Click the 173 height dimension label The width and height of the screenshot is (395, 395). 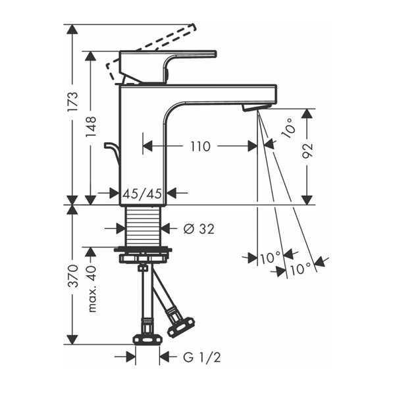click(73, 102)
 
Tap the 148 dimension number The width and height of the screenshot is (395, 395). click(91, 126)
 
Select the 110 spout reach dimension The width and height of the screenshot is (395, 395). click(200, 146)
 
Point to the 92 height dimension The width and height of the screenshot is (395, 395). click(307, 151)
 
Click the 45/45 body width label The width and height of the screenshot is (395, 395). click(142, 194)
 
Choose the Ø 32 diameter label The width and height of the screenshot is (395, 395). click(199, 229)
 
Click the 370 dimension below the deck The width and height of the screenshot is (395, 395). click(73, 276)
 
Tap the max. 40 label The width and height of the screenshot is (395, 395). click(92, 289)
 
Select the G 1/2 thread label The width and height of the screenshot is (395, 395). click(202, 357)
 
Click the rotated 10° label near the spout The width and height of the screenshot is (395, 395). click(289, 128)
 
